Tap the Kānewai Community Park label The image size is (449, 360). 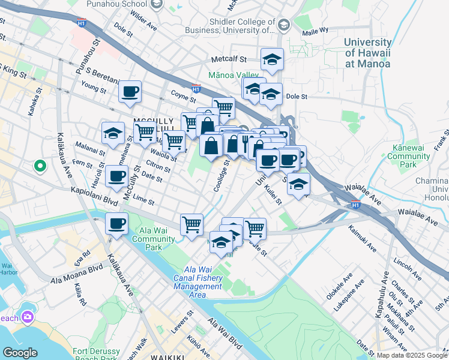pos(409,155)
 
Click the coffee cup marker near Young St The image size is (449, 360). pos(130,92)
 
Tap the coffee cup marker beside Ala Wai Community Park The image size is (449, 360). pos(116,223)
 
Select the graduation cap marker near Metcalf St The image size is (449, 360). pos(272,59)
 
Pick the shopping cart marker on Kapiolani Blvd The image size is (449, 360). pos(191,224)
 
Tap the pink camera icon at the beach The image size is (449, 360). pos(27,316)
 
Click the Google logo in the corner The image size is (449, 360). pos(20,352)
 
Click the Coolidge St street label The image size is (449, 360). pos(220,175)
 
